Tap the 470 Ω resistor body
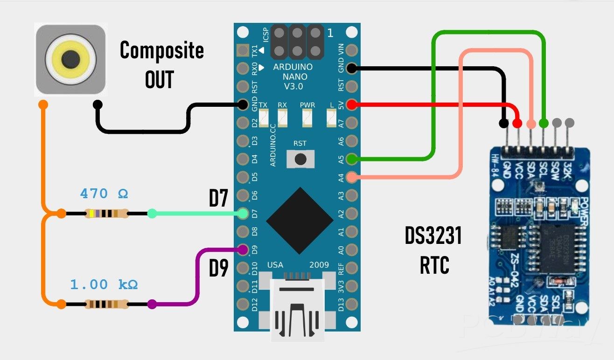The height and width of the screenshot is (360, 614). [106, 214]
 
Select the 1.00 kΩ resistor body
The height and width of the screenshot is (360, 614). [106, 305]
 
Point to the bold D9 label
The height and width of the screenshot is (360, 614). [218, 269]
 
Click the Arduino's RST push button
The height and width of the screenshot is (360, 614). [300, 159]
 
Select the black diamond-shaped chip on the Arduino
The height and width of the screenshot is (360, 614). [297, 218]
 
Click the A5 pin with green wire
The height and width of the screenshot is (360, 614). [352, 159]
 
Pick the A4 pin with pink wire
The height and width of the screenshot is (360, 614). [352, 177]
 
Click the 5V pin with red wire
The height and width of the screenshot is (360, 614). [352, 105]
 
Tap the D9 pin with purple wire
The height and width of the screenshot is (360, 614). [243, 249]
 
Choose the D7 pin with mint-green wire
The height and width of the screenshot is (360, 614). [243, 214]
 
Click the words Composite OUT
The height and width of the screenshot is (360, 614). [161, 64]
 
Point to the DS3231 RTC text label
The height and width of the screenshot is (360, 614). [433, 250]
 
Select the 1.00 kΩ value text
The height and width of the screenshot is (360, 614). [104, 284]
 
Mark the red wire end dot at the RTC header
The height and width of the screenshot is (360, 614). [517, 124]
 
